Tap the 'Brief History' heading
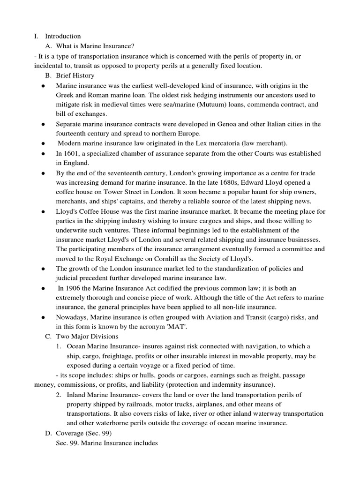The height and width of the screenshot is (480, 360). coord(75,75)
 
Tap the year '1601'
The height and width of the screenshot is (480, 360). coord(71,153)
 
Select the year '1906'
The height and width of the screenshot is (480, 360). coord(74,288)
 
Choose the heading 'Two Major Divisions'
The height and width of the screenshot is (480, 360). coord(88,336)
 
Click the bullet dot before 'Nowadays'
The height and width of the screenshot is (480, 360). coord(43,317)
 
